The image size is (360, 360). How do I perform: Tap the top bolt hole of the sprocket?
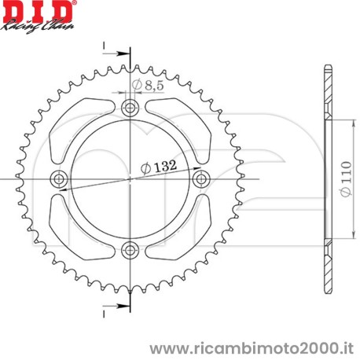(130, 107)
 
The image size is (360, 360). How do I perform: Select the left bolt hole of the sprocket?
(59, 179)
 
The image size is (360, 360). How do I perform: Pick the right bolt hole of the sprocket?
(201, 179)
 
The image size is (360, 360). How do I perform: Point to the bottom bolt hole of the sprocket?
(130, 251)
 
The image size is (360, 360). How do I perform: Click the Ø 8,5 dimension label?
(147, 83)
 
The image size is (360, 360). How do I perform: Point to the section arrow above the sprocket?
(118, 53)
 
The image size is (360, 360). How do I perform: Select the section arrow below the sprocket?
(118, 306)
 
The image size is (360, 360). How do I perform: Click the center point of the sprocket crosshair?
(130, 179)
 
